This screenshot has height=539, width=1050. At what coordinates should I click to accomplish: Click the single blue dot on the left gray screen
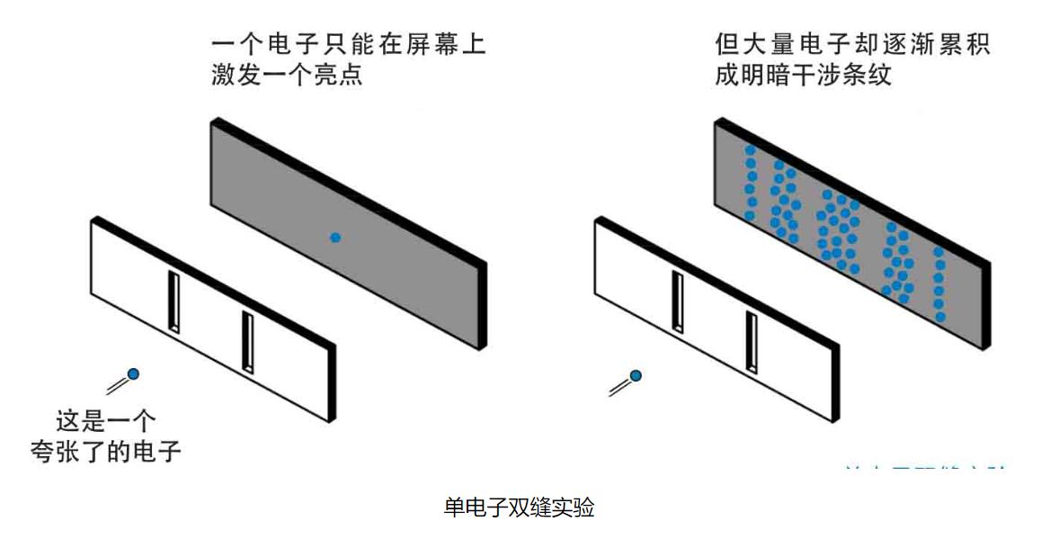335,238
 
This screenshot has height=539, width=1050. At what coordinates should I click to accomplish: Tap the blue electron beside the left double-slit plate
133,373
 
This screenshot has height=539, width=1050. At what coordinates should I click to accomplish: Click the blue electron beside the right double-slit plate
636,375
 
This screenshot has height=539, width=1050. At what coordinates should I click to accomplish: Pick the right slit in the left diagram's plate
245,341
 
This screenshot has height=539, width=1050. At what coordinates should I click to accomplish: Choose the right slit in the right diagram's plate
749,341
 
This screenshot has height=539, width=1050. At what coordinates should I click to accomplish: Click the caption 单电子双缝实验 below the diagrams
519,508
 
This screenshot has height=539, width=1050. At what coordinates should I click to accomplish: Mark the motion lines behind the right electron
619,387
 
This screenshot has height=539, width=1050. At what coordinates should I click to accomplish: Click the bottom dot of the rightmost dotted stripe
940,317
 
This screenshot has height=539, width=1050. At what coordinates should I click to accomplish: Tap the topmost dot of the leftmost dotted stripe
750,151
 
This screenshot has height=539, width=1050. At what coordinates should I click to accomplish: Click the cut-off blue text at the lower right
926,466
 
